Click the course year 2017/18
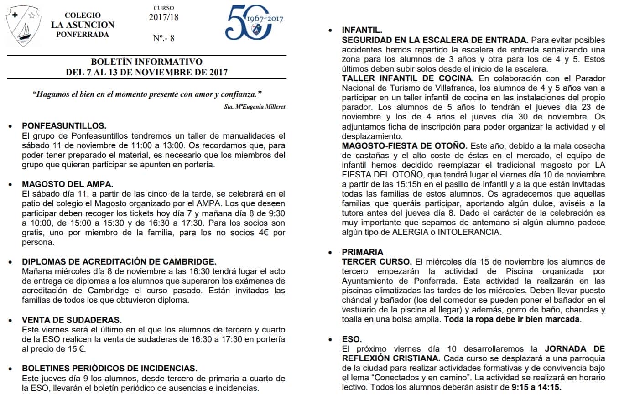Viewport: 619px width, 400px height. point(164,17)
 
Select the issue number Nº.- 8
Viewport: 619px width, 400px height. point(163,38)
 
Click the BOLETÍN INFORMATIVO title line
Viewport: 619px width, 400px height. point(146,62)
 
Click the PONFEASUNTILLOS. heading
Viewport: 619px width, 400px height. point(64,126)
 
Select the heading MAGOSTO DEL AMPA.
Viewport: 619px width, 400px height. point(68,184)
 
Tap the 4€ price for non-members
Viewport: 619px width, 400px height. point(266,233)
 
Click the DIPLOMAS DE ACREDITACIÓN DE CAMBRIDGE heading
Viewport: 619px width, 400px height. point(119,261)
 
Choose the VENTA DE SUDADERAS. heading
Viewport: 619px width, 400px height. point(72,320)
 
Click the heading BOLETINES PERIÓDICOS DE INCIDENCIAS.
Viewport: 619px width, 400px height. point(110,368)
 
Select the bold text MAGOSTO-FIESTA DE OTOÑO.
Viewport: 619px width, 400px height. point(405,145)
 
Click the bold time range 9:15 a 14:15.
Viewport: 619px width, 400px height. point(536,387)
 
